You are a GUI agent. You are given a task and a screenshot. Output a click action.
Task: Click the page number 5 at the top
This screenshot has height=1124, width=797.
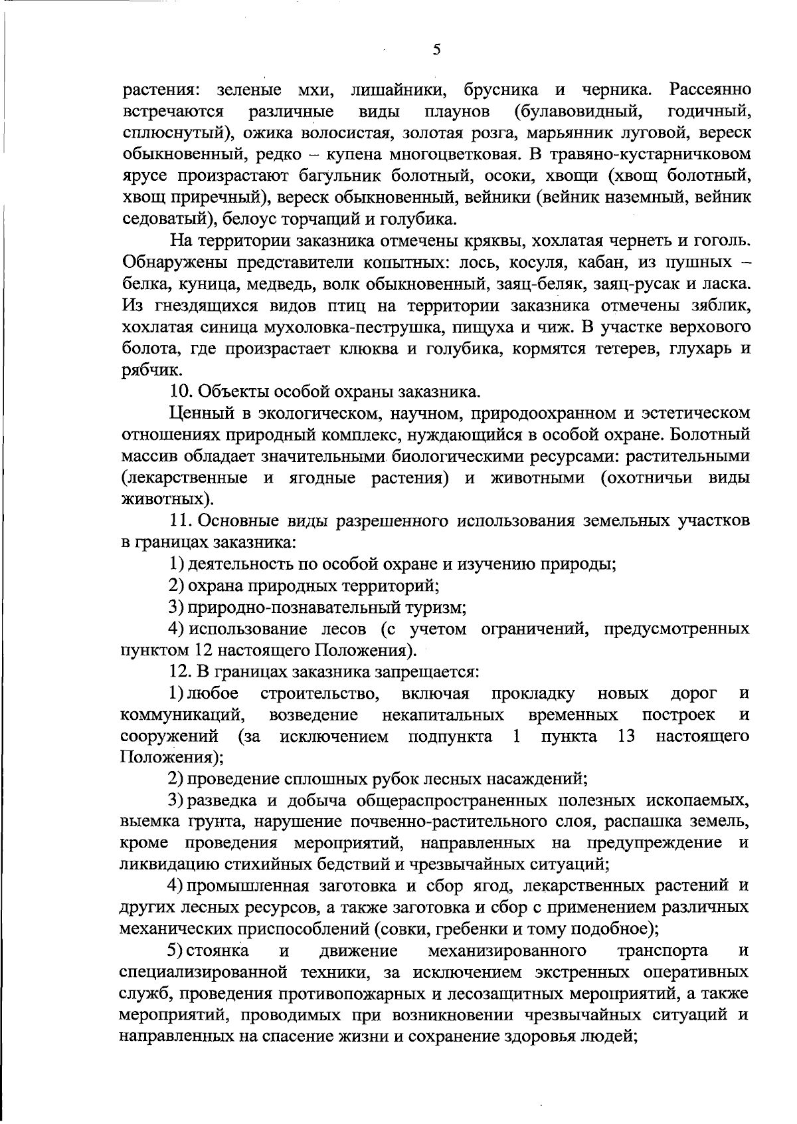pyautogui.click(x=436, y=50)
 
